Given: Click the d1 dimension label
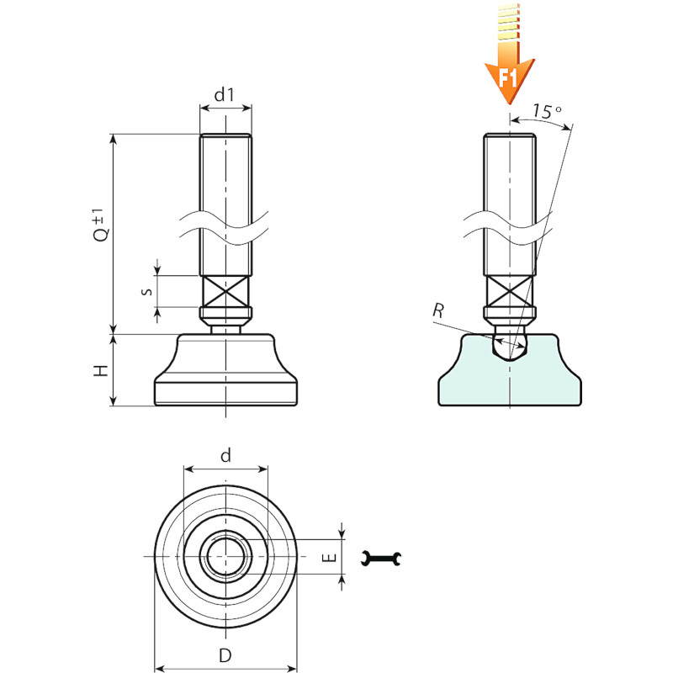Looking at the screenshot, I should (x=224, y=95).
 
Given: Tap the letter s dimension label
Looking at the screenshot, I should (x=146, y=291).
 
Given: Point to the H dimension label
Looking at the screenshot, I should (x=100, y=370).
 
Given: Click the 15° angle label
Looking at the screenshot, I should (x=548, y=111).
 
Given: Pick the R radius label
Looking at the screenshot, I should (x=437, y=311).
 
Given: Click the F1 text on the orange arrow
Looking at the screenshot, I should (x=507, y=79).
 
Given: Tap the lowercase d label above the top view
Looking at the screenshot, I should (x=225, y=455).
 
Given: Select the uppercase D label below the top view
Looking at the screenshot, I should (x=225, y=656).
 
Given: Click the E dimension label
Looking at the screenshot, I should (x=330, y=557).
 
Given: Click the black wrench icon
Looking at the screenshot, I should (x=382, y=557).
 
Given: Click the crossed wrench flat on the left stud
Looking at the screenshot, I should (x=225, y=292).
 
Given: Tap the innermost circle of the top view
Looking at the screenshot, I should (x=225, y=557).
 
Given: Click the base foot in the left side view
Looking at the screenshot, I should (x=225, y=374).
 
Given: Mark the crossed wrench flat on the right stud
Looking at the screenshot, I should (x=509, y=292).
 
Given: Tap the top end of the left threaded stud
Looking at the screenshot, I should (x=225, y=137).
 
